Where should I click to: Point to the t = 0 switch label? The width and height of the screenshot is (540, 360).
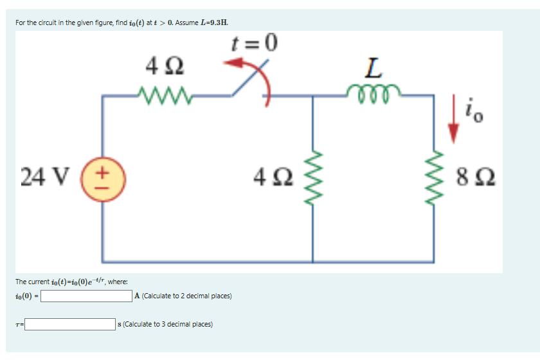(x=253, y=44)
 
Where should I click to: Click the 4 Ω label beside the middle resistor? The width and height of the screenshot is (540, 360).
(x=276, y=175)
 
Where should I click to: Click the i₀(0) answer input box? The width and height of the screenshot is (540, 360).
(x=87, y=296)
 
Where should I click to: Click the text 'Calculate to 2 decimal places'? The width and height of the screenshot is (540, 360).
(x=186, y=296)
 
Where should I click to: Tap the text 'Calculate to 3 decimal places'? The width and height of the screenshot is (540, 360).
(x=167, y=324)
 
